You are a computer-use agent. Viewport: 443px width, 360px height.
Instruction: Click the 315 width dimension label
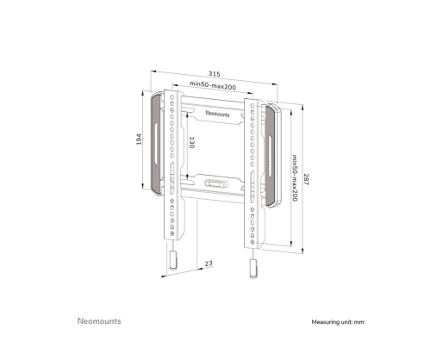coord(215,74)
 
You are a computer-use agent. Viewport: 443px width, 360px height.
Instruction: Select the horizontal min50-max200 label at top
coord(213,85)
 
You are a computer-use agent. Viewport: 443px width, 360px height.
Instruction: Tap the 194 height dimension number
coord(139,140)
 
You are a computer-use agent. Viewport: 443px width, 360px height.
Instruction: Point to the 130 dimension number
coord(191,142)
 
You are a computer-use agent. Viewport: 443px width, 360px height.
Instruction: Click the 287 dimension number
coord(306,179)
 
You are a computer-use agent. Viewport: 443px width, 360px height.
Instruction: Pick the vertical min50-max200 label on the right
coord(295,178)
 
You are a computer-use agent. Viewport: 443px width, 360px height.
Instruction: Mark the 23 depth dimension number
coord(209,264)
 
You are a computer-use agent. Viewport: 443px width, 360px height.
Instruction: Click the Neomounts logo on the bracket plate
coord(217,114)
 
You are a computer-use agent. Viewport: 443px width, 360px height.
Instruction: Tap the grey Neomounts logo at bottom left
coord(99,321)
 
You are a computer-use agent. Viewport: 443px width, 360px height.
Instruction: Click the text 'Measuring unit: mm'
coord(338,322)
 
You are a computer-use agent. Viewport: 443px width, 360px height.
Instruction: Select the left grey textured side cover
coord(156,143)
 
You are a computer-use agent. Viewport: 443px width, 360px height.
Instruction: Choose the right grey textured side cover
coord(271,155)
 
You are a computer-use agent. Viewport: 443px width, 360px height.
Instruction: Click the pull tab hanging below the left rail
coord(173,260)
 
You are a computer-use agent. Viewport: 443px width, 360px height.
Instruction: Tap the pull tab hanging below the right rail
coord(253,269)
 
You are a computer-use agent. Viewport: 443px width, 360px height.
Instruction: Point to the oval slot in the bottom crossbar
coord(215,183)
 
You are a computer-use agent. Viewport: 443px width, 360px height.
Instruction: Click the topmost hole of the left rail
coord(172,97)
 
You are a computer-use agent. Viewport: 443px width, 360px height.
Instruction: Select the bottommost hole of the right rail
coord(253,243)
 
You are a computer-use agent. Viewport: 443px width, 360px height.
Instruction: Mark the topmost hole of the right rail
coord(253,106)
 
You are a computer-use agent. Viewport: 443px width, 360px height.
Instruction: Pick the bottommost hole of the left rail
coord(172,233)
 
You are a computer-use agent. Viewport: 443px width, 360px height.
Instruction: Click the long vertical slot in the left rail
coord(172,178)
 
